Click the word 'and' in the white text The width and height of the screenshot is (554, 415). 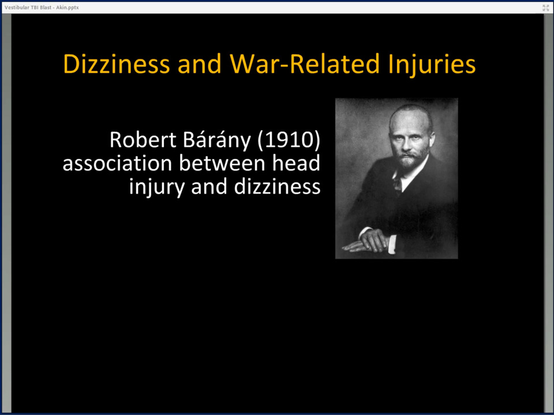click(209, 187)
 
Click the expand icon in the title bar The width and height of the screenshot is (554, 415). click(545, 7)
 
